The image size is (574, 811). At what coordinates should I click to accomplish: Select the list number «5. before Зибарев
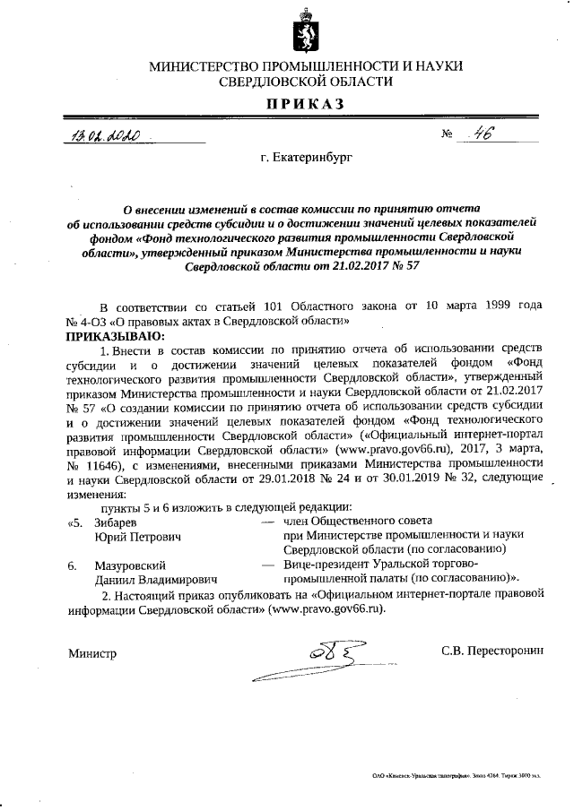pos(74,522)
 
